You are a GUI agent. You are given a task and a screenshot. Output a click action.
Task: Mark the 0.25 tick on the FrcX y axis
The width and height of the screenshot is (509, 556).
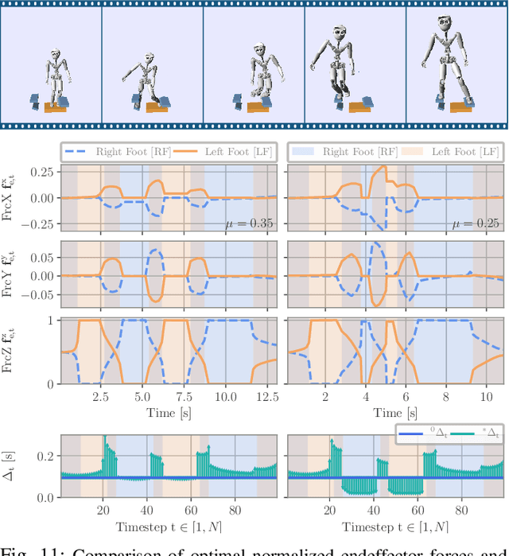click(43, 172)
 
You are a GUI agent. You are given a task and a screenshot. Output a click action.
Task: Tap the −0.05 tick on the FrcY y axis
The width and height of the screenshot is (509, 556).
click(40, 295)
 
